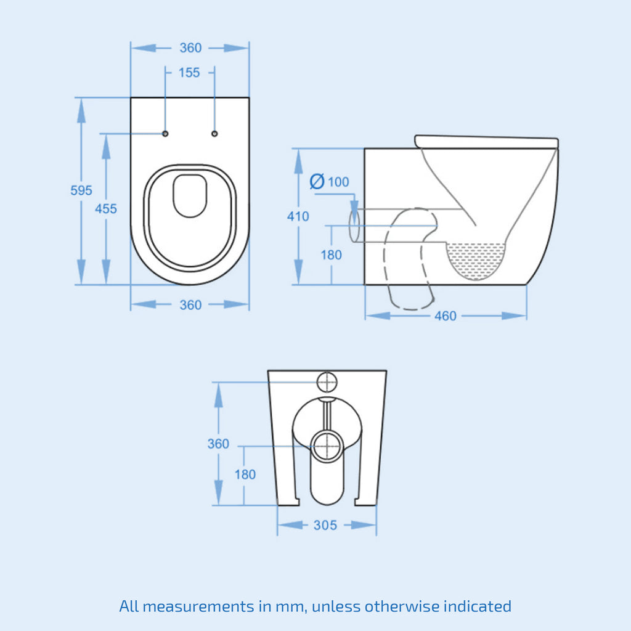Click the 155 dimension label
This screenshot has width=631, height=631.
pyautogui.click(x=189, y=73)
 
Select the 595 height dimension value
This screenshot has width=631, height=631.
pyautogui.click(x=81, y=190)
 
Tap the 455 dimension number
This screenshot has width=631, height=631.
pyautogui.click(x=106, y=208)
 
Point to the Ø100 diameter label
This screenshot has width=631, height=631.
pyautogui.click(x=329, y=182)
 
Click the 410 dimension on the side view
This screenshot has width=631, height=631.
pyautogui.click(x=298, y=216)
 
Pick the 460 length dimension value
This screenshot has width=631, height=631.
pyautogui.click(x=446, y=316)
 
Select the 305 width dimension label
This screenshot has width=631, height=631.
pyautogui.click(x=325, y=525)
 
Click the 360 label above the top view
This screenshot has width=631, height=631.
pyautogui.click(x=190, y=48)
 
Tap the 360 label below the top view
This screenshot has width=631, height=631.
pyautogui.click(x=190, y=305)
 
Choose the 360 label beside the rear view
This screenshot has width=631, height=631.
pyautogui.click(x=218, y=444)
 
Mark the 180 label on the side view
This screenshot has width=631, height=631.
pyautogui.click(x=331, y=254)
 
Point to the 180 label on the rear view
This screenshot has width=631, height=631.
pyautogui.click(x=245, y=474)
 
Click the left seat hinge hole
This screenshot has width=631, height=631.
pyautogui.click(x=165, y=134)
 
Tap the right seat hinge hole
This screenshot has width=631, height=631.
pyautogui.click(x=214, y=134)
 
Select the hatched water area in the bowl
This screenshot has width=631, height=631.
pyautogui.click(x=476, y=259)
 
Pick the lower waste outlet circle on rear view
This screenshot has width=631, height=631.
pyautogui.click(x=328, y=446)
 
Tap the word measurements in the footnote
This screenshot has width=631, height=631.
pyautogui.click(x=198, y=606)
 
